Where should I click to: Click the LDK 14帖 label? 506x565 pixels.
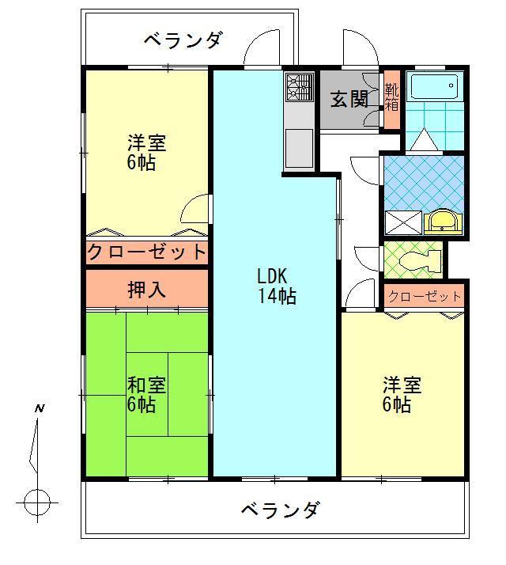coord(276,286)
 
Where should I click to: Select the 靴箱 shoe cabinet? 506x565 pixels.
coord(391,99)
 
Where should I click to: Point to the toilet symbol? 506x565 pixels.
coord(417,259)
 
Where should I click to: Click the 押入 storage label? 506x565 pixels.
coord(146,290)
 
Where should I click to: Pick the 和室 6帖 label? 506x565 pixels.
coord(146,395)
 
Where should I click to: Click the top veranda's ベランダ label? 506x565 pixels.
coord(183,39)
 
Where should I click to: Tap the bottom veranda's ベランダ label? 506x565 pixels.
coord(281,510)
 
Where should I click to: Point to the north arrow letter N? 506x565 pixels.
coord(38,409)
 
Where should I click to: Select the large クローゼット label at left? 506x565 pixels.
coord(146,253)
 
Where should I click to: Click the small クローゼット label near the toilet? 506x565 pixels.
coord(425,296)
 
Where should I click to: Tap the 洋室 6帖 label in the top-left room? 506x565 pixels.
coord(146,153)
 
